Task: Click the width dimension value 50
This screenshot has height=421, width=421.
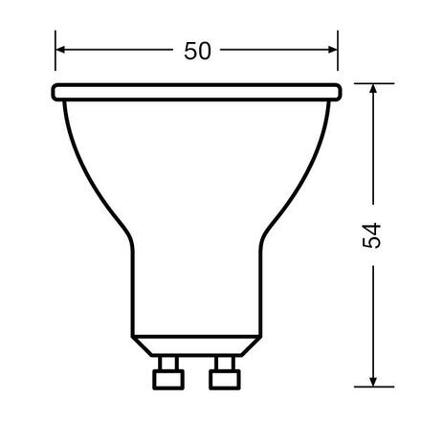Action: [x=198, y=52]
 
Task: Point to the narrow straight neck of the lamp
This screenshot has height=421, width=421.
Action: [x=197, y=287]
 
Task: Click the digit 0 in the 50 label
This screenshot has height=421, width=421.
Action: [x=208, y=52]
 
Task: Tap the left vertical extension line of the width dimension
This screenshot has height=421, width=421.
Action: [x=55, y=57]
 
